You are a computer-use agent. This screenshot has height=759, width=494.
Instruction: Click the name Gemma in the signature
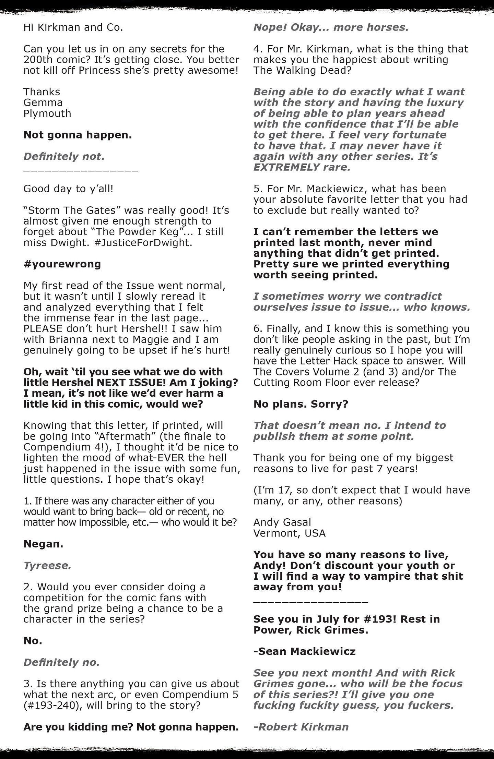(x=38, y=103)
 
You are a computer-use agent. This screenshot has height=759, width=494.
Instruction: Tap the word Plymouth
(x=47, y=113)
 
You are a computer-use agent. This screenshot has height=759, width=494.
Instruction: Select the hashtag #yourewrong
(x=62, y=264)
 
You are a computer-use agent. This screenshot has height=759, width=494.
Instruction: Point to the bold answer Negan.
(x=43, y=544)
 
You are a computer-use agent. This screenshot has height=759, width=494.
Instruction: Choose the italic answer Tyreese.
(x=47, y=565)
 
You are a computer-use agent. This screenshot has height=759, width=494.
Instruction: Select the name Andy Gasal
(x=282, y=522)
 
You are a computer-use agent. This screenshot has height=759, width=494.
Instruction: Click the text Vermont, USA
(x=290, y=533)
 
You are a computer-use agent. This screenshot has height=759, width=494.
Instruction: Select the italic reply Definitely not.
(x=64, y=157)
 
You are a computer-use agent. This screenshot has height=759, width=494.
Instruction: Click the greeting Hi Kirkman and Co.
(x=73, y=27)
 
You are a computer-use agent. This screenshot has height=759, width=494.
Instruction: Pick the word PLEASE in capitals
(x=43, y=328)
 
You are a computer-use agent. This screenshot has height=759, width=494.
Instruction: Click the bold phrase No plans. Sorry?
(x=301, y=404)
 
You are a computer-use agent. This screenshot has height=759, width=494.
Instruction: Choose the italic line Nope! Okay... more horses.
(x=331, y=27)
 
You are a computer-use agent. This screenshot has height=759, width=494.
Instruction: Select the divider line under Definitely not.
(x=81, y=170)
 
